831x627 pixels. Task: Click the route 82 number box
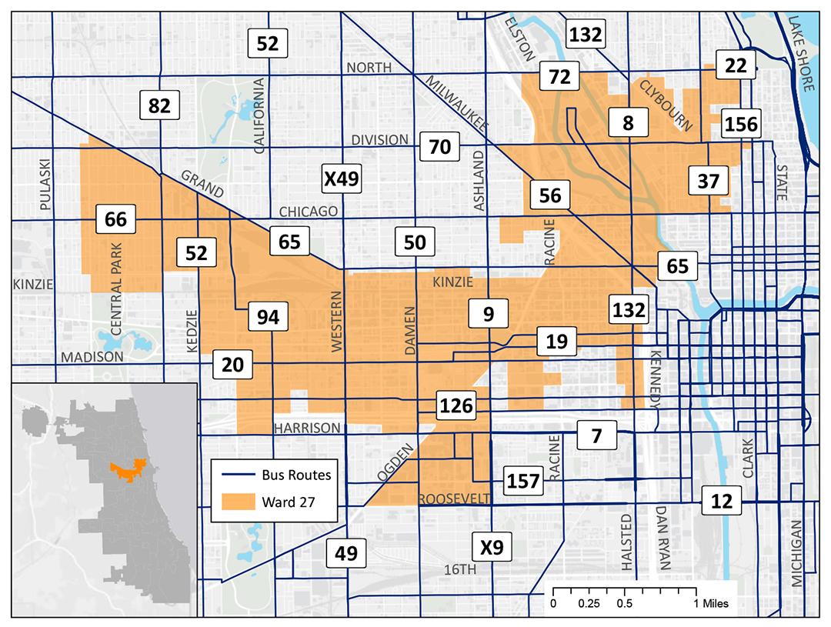[x=159, y=105]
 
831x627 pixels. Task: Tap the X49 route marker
[x=341, y=179]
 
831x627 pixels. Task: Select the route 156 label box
[x=740, y=123]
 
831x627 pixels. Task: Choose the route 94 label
[x=268, y=316]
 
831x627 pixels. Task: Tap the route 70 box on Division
[x=440, y=145]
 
